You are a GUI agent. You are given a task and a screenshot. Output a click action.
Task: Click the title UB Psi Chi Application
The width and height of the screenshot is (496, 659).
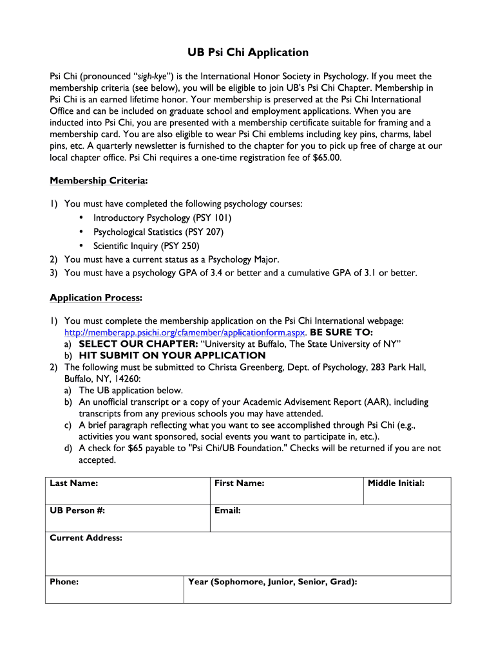click(x=248, y=53)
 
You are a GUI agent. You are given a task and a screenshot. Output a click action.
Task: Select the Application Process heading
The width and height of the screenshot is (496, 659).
click(x=96, y=297)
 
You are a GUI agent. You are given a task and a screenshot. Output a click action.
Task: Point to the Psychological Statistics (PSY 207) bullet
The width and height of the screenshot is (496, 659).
click(x=158, y=232)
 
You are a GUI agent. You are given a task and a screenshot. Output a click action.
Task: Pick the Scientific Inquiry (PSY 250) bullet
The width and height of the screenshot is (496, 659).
click(x=146, y=246)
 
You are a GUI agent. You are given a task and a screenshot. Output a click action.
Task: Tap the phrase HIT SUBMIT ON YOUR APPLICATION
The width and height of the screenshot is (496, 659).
click(x=172, y=355)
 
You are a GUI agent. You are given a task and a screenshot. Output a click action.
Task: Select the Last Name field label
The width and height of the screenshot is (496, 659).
click(x=74, y=483)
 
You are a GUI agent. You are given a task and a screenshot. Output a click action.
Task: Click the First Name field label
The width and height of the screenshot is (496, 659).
click(x=240, y=483)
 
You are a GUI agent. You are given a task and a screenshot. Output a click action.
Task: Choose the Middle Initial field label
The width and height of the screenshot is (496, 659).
click(x=396, y=483)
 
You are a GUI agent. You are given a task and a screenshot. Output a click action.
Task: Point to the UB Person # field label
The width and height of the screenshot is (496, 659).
click(x=78, y=511)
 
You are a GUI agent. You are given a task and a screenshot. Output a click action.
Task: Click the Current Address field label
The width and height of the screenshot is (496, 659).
click(x=86, y=538)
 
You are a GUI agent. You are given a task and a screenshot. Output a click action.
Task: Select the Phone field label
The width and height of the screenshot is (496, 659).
click(x=64, y=582)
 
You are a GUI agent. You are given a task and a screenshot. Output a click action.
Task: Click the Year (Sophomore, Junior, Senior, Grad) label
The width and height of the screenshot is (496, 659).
click(x=272, y=582)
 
